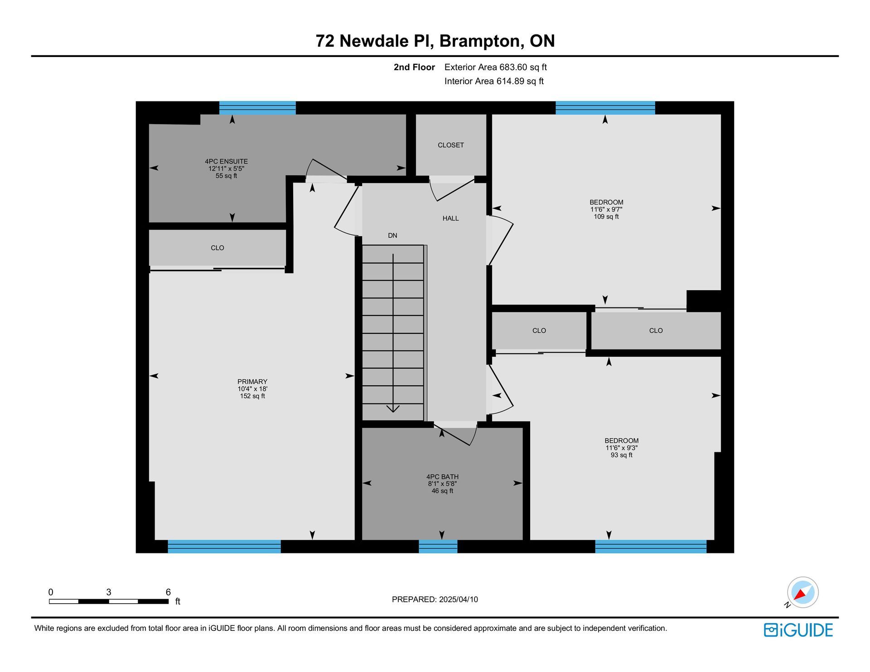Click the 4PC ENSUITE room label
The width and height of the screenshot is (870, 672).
[226, 161]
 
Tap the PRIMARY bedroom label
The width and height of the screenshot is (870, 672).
[252, 381]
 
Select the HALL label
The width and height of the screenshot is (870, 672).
[450, 218]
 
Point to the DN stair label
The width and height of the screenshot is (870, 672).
[392, 235]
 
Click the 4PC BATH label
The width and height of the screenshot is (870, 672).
[442, 476]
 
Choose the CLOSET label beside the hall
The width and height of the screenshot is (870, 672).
[451, 145]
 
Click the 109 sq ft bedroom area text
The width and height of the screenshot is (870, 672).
[606, 216]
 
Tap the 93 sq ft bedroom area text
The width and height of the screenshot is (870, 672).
[622, 455]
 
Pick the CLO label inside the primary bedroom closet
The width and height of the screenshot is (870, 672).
[217, 248]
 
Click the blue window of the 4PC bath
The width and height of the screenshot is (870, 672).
[438, 546]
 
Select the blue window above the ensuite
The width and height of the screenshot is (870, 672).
[257, 108]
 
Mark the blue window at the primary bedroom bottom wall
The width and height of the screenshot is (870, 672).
[224, 546]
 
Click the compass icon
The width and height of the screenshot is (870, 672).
[802, 592]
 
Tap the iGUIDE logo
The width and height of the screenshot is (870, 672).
[798, 630]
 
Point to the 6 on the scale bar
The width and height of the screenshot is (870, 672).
[168, 592]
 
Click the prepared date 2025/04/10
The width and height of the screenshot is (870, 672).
[458, 599]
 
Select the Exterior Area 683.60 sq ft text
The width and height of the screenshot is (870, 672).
[496, 67]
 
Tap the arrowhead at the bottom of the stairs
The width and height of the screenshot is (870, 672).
[393, 409]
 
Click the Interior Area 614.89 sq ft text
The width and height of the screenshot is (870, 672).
[494, 81]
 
